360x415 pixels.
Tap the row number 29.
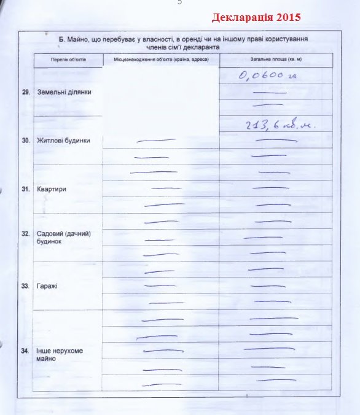click(x=26, y=91)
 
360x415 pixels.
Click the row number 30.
click(x=26, y=140)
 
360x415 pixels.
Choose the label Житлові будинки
click(x=63, y=140)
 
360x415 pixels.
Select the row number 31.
click(x=26, y=189)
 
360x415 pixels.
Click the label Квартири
click(x=52, y=189)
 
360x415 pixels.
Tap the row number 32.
click(x=26, y=234)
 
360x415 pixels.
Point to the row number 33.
click(x=26, y=286)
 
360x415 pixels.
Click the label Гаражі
click(x=49, y=286)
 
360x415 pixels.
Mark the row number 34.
click(x=26, y=351)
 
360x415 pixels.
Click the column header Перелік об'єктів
click(x=68, y=60)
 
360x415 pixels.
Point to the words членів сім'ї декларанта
click(x=182, y=47)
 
